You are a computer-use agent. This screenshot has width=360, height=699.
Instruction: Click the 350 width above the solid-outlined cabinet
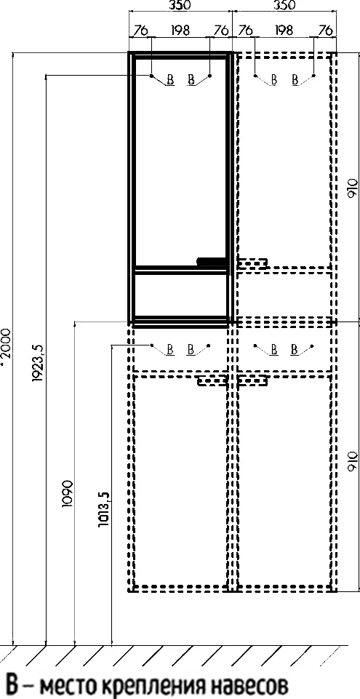[x=180, y=5]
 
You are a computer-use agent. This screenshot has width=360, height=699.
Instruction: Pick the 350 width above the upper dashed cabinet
[x=284, y=5]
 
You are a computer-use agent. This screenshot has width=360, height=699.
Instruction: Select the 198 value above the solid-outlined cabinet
[x=180, y=31]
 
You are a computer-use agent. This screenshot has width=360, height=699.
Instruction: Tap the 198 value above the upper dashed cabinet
[x=284, y=31]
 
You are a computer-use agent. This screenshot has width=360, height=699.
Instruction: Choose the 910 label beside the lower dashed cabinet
[x=352, y=461]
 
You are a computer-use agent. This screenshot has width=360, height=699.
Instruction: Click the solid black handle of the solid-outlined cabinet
[x=212, y=262]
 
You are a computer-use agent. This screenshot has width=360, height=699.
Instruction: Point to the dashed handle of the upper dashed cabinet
[x=252, y=263]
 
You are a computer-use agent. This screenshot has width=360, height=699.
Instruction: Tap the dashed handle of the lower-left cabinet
[x=213, y=381]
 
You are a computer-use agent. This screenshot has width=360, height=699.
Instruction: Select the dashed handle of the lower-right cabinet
[x=252, y=381]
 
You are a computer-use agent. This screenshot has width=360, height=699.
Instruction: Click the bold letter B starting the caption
[x=12, y=684]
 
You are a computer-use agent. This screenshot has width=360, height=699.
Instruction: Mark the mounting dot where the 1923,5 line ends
[x=151, y=76]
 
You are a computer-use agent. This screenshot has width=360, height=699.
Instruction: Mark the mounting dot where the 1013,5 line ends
[x=151, y=345]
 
